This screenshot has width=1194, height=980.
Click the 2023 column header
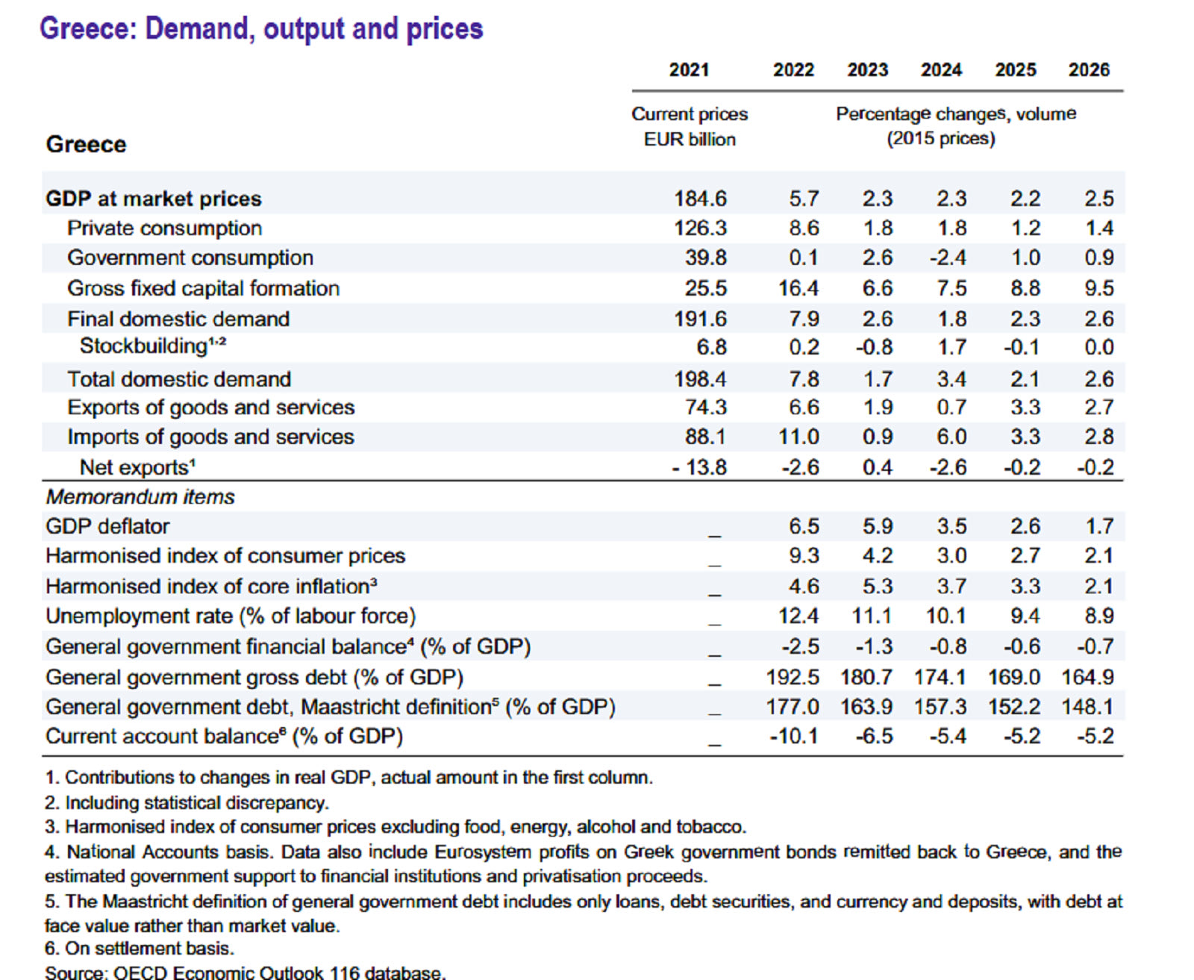click(867, 70)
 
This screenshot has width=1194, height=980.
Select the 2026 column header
click(1089, 70)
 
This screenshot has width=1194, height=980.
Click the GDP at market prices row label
click(154, 199)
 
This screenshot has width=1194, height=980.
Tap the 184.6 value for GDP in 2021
click(700, 199)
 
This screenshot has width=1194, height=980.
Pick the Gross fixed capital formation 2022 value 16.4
click(798, 288)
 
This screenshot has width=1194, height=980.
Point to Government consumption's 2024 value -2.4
click(948, 258)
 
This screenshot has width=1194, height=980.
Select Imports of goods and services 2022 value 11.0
click(798, 437)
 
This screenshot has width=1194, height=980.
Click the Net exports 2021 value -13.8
click(699, 467)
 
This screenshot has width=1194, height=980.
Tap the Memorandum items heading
click(140, 497)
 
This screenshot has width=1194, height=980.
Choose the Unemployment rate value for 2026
click(1098, 616)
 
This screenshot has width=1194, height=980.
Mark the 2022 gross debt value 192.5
click(792, 677)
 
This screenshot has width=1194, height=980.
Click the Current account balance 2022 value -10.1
click(793, 737)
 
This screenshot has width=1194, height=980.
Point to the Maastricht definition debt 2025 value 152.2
click(1013, 707)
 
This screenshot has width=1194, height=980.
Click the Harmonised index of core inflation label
click(211, 587)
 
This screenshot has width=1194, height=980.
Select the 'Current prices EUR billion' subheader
click(690, 127)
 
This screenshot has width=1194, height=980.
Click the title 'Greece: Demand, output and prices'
click(261, 28)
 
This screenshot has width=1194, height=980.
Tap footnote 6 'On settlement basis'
click(140, 949)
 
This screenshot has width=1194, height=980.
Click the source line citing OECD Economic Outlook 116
click(245, 973)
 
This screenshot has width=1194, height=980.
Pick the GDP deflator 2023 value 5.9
click(877, 526)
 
